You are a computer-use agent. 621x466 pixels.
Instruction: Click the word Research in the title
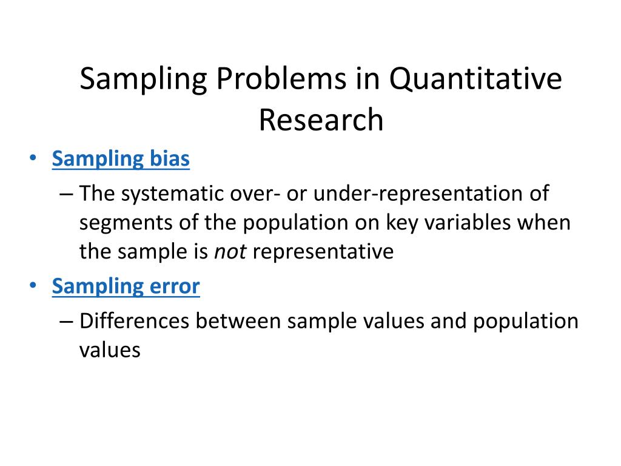pyautogui.click(x=321, y=120)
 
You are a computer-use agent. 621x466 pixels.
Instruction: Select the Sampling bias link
pyautogui.click(x=121, y=159)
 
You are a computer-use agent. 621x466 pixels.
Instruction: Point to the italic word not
pyautogui.click(x=230, y=251)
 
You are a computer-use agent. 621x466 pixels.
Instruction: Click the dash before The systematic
pyautogui.click(x=67, y=195)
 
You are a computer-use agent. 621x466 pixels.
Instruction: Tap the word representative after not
pyautogui.click(x=323, y=251)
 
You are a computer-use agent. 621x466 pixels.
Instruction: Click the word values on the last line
pyautogui.click(x=110, y=349)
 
